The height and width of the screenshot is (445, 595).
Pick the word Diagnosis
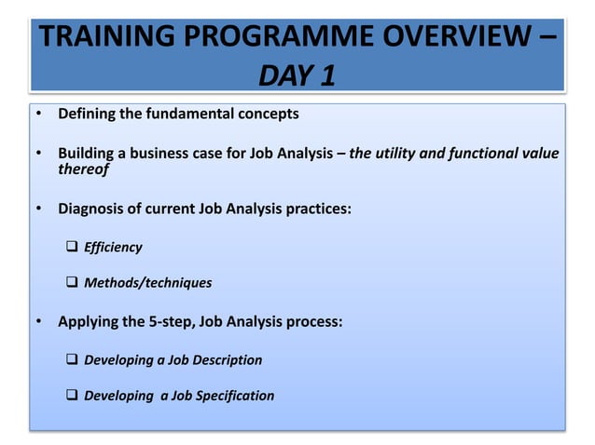click(92, 209)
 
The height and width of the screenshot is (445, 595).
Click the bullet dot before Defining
click(39, 115)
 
